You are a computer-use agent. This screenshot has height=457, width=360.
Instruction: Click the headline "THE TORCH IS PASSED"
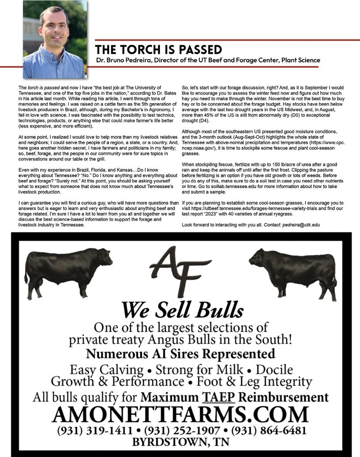[159, 49]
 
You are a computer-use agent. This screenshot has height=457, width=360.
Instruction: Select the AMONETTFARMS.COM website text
[180, 414]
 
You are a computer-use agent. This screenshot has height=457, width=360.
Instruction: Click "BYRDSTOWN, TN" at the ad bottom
[180, 442]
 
